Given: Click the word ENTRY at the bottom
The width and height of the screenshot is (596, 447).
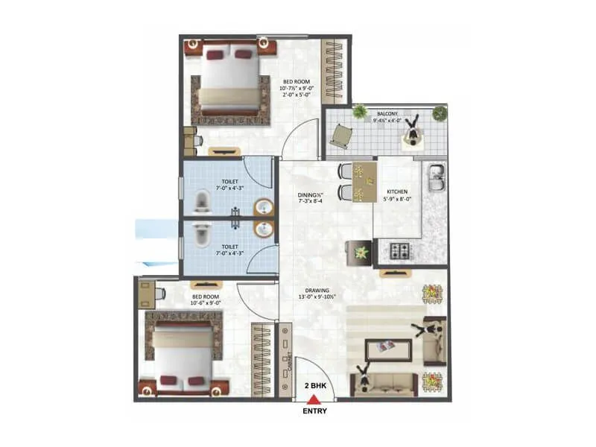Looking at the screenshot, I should (314, 410).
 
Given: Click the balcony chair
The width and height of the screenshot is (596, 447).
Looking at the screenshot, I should (341, 135).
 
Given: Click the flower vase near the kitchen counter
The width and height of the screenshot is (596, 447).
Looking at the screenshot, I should (361, 252).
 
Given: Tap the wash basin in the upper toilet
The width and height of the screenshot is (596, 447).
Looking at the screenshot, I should (261, 207).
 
